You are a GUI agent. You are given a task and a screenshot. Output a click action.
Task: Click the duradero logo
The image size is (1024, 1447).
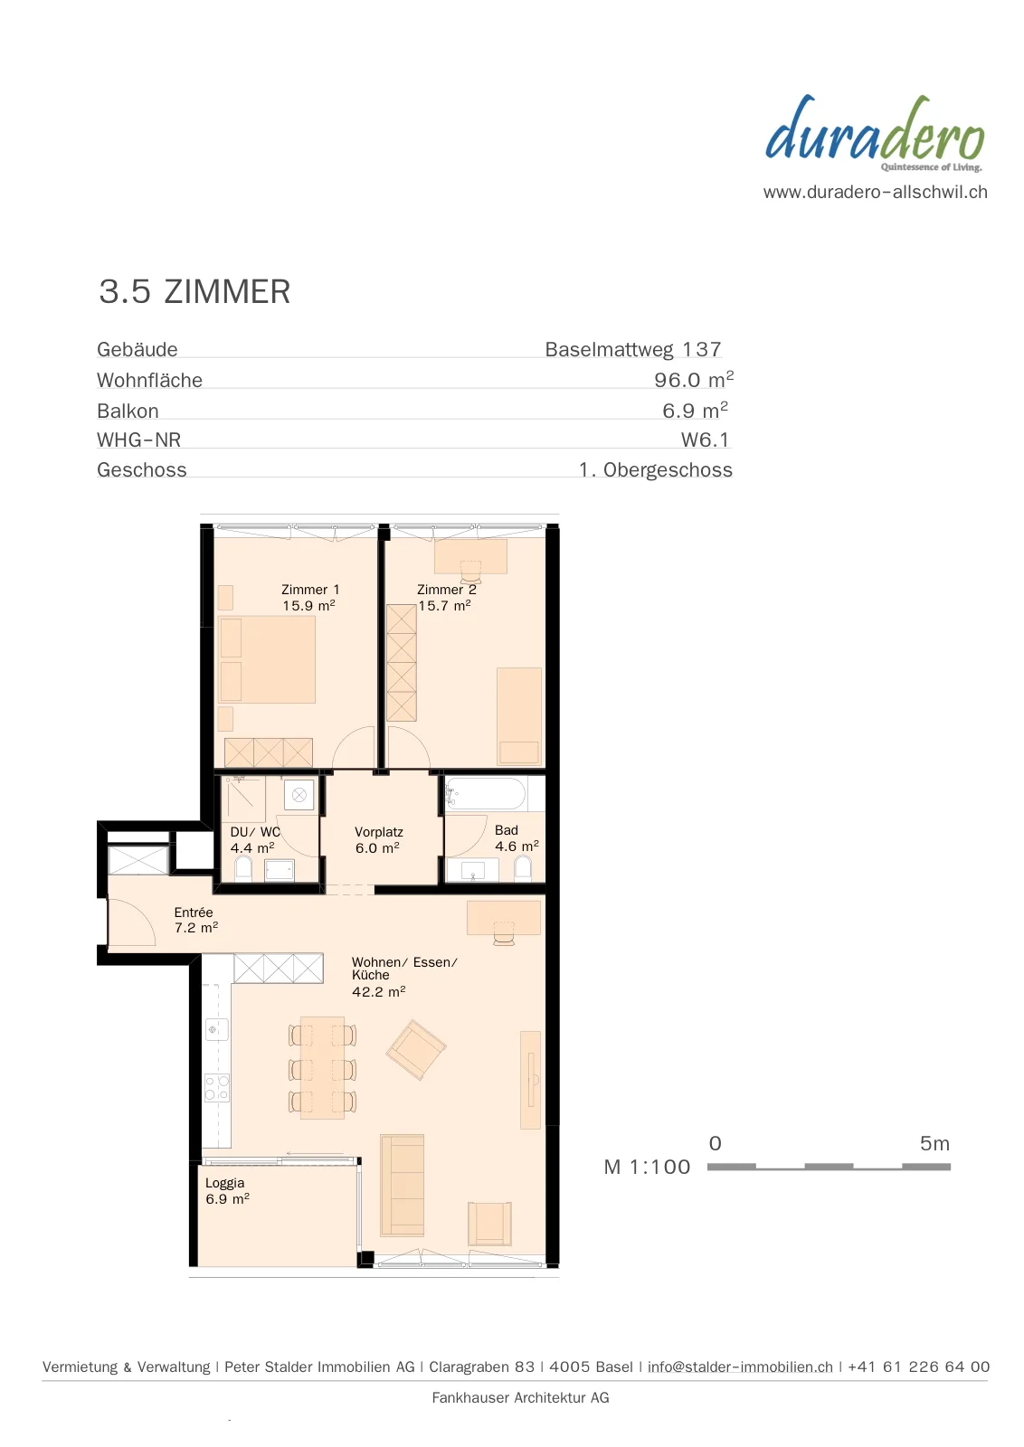tap(875, 134)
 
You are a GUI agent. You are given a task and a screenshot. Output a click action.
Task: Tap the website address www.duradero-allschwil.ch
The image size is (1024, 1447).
tap(876, 192)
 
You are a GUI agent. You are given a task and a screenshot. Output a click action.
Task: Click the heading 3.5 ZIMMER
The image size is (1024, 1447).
tap(194, 291)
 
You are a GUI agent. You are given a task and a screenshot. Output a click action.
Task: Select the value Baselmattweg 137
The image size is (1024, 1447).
tap(633, 349)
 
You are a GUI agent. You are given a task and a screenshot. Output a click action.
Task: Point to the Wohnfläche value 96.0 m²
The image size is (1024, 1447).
tap(694, 379)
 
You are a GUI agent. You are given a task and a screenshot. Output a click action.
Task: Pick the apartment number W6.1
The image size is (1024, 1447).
tap(705, 440)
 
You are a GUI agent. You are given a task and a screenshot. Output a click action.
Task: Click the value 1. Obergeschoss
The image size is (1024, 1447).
tap(656, 469)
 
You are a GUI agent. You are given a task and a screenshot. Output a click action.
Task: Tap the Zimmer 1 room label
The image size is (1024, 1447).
tap(309, 597)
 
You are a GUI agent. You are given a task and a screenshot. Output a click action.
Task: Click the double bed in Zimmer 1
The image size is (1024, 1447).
tap(267, 659)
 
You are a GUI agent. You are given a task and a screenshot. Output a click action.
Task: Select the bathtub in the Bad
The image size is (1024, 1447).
tap(486, 793)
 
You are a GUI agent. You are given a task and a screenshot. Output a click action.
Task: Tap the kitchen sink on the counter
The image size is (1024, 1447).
tap(216, 1029)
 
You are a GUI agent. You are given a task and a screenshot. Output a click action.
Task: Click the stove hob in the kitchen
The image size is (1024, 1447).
tap(217, 1087)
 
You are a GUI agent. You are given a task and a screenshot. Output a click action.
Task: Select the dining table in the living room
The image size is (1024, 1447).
tap(322, 1067)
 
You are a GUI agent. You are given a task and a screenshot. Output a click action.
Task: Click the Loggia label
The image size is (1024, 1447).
tap(227, 1190)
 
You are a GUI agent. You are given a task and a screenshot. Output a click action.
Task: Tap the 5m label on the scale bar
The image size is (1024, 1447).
tap(934, 1144)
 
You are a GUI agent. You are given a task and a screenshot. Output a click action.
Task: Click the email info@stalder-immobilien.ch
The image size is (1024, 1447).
tap(740, 1367)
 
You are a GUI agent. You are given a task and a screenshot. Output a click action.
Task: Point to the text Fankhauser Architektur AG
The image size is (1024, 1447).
tap(520, 1398)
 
